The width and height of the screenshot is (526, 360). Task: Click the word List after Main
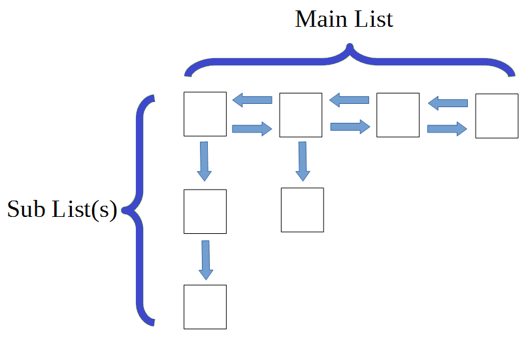point(372,19)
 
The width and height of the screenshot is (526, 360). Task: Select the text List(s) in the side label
point(84,209)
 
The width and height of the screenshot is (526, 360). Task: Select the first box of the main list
point(205,114)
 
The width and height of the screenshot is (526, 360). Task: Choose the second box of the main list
point(301,115)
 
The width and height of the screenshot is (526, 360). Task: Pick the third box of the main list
point(398,115)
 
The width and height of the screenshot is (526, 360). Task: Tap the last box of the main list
point(496,116)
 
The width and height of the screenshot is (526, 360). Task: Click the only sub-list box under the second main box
point(302,210)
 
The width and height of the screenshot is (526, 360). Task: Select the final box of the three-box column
point(205,306)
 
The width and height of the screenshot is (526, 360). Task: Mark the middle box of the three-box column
point(205,211)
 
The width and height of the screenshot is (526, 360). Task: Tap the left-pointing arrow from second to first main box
point(253,100)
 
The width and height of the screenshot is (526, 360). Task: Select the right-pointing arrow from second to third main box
point(350,127)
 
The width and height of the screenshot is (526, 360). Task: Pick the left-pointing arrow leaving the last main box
point(448,103)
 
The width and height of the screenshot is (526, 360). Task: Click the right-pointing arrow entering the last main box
point(447,129)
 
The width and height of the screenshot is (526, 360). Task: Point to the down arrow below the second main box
point(302,161)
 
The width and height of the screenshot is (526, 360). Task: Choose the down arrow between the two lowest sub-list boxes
point(206,259)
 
